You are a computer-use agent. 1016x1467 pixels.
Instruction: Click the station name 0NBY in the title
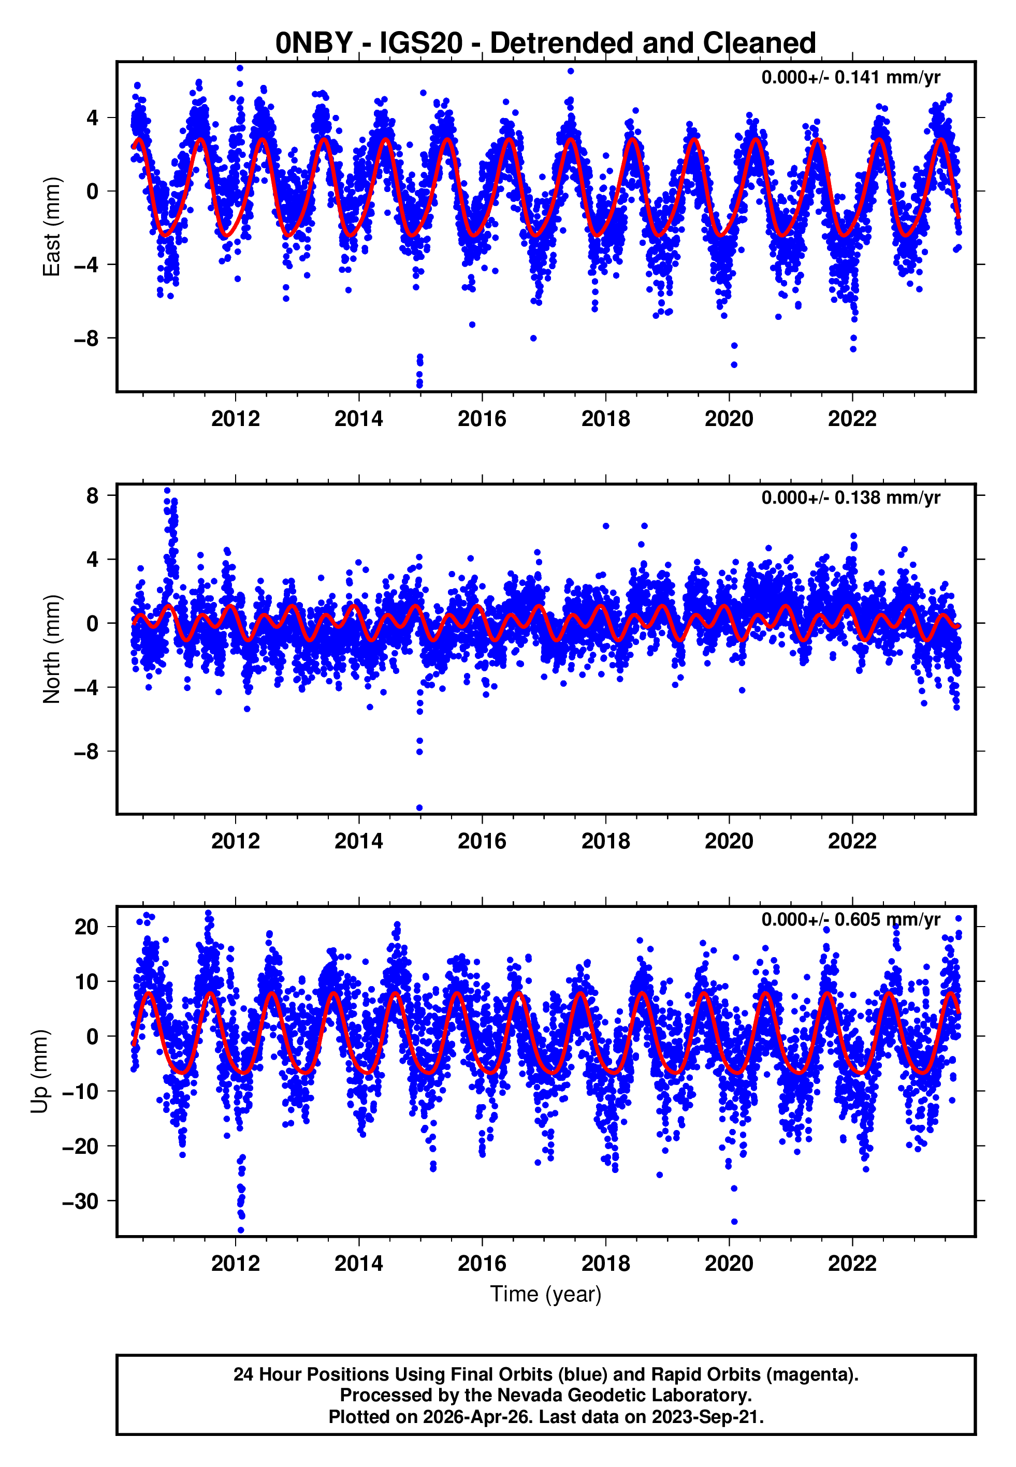click(313, 43)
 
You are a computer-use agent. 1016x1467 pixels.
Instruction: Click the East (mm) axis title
click(51, 227)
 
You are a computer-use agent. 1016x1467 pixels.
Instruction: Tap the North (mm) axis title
click(51, 649)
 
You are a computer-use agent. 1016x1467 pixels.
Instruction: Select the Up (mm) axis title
click(39, 1072)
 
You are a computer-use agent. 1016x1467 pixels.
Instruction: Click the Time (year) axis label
click(546, 1294)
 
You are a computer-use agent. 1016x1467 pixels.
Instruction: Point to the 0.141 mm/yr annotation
click(850, 78)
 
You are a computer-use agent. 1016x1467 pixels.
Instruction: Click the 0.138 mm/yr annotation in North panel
click(850, 497)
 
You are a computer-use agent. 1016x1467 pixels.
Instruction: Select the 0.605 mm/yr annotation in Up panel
click(850, 919)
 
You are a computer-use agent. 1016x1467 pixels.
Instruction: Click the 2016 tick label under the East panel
click(482, 419)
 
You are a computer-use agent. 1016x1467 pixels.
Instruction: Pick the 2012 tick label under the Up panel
click(236, 1264)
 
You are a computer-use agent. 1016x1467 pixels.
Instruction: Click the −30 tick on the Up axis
click(80, 1201)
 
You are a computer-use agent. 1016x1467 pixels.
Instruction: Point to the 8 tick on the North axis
click(92, 495)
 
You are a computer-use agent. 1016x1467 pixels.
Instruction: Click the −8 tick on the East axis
click(86, 339)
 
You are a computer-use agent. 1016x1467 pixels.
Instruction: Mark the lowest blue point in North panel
click(419, 808)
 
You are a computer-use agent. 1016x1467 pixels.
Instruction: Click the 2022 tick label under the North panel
click(852, 841)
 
